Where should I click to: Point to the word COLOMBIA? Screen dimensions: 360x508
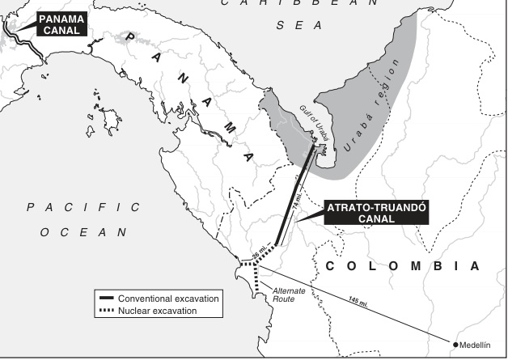click(x=401, y=265)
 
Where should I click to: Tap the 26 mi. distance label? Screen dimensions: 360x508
click(x=258, y=253)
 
